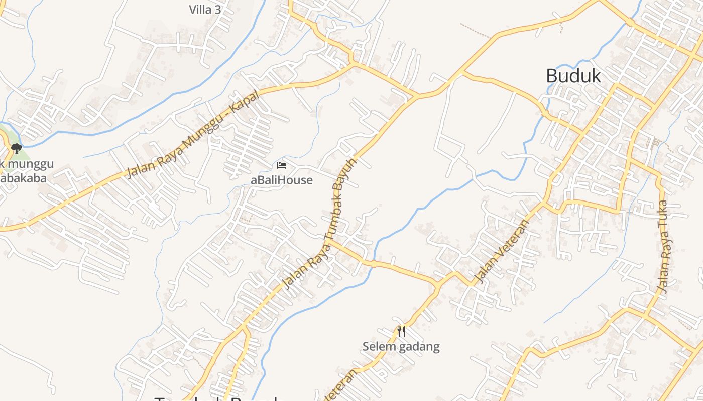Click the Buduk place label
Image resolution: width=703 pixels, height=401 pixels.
pyautogui.click(x=573, y=76)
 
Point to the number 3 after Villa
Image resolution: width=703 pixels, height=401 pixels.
pyautogui.click(x=217, y=10)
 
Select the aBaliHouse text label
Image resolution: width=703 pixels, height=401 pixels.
pyautogui.click(x=282, y=180)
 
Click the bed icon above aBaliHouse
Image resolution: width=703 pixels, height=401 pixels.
pyautogui.click(x=282, y=165)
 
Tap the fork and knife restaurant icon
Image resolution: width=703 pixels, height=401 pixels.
pyautogui.click(x=401, y=332)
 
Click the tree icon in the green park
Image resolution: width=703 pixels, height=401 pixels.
pyautogui.click(x=16, y=148)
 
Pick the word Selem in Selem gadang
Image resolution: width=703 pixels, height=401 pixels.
pyautogui.click(x=378, y=346)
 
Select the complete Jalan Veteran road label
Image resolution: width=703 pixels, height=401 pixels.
pyautogui.click(x=502, y=251)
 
